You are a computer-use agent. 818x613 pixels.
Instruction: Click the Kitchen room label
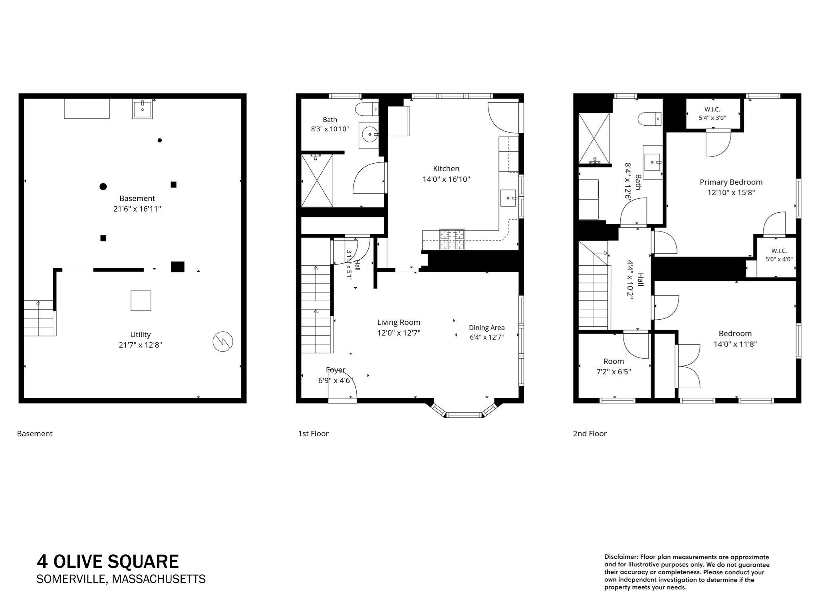[446, 169]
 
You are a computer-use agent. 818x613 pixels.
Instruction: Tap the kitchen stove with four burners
[453, 239]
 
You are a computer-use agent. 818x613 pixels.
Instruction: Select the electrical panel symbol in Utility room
[223, 342]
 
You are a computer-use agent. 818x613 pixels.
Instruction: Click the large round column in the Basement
[103, 186]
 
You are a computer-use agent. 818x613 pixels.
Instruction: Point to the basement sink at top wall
[142, 109]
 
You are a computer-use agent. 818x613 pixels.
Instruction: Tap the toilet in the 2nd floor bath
[650, 119]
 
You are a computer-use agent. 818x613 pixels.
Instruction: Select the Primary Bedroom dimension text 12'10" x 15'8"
[731, 192]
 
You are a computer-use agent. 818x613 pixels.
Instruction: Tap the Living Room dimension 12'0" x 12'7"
[399, 333]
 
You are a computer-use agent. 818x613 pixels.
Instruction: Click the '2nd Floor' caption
[590, 434]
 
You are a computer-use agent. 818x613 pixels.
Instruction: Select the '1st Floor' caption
[313, 434]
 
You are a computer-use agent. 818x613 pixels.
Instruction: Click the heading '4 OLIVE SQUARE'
[108, 562]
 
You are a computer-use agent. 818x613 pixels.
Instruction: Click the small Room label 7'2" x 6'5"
[613, 367]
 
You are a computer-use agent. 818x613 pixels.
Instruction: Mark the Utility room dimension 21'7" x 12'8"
[140, 345]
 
